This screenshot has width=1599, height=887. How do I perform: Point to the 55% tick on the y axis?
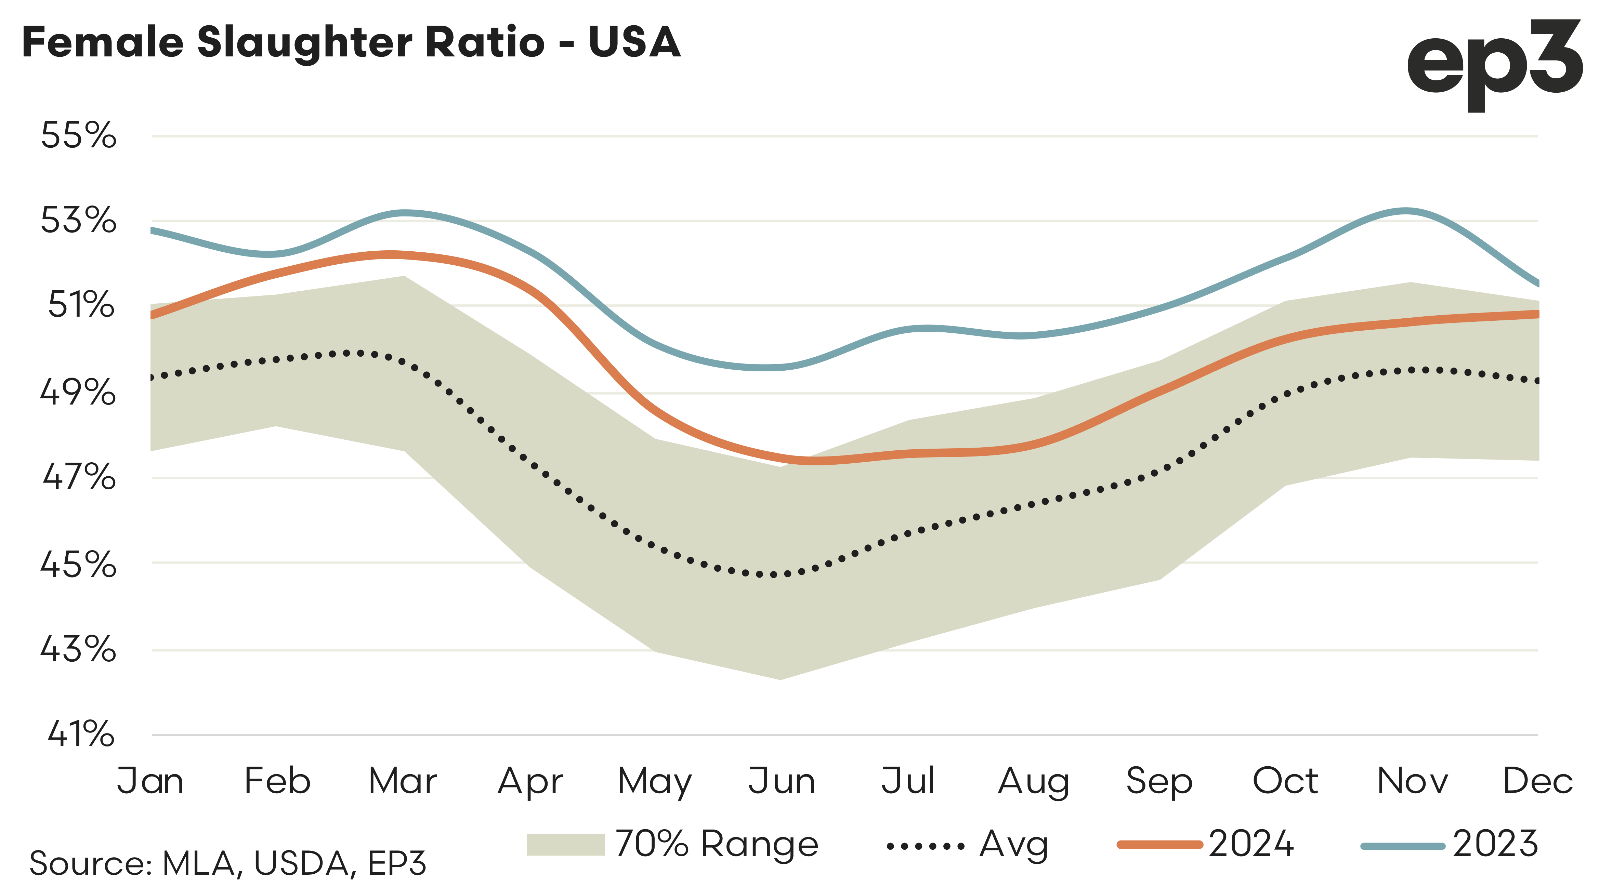coord(78,135)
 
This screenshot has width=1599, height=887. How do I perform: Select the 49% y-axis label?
coord(78,393)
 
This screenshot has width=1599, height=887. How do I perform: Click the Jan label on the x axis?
coord(151,781)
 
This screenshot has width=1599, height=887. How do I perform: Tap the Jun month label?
coord(782,781)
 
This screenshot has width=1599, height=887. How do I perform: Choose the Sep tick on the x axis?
coord(1159,781)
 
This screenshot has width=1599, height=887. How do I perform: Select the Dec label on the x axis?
coord(1537,781)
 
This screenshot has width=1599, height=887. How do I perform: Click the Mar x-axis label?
coord(403,781)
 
